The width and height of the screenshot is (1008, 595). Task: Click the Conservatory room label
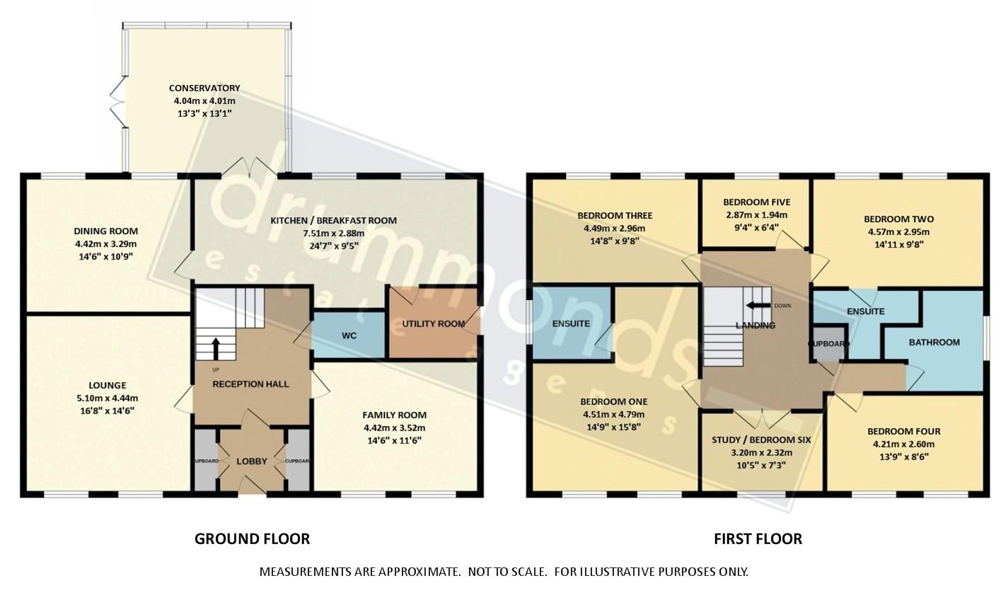(x=204, y=88)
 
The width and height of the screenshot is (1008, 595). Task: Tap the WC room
(x=348, y=335)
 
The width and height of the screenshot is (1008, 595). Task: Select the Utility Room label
(x=433, y=324)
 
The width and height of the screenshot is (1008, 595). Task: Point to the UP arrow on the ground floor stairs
(x=216, y=348)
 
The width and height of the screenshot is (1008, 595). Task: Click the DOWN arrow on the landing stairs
(x=760, y=306)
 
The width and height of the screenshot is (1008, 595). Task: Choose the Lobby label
(x=251, y=461)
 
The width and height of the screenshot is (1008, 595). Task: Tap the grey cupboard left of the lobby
(x=206, y=460)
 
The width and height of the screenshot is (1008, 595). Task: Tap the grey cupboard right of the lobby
(x=298, y=460)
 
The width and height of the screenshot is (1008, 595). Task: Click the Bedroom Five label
(x=756, y=202)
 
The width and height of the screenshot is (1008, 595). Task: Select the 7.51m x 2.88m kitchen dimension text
(x=333, y=233)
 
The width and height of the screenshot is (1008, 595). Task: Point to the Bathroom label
(x=934, y=342)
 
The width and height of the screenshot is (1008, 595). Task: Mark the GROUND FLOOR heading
(x=252, y=539)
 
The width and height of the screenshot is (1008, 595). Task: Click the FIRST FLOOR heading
(x=758, y=539)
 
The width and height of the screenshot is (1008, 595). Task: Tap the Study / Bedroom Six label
(x=761, y=440)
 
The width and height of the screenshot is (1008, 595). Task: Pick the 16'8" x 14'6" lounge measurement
(x=108, y=410)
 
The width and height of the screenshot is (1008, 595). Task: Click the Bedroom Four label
(x=903, y=432)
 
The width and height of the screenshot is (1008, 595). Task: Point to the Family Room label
(x=394, y=415)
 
